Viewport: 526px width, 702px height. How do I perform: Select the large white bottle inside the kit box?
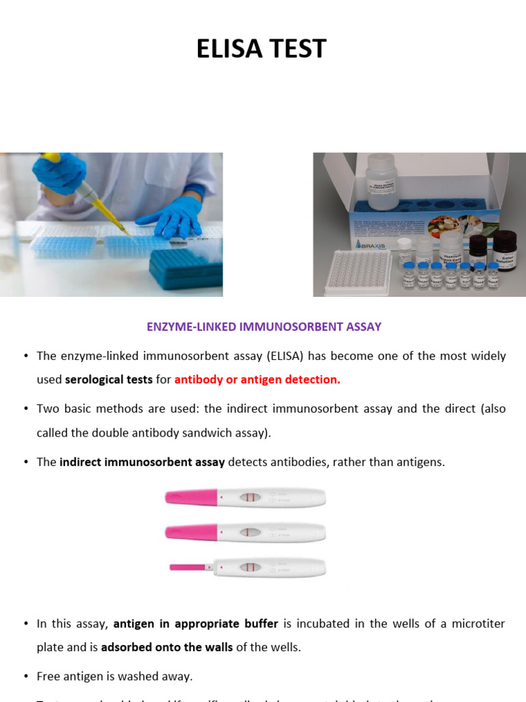[381, 181]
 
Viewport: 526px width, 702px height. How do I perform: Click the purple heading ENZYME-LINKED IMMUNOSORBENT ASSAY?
[264, 327]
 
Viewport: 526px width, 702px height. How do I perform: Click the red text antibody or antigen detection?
[257, 379]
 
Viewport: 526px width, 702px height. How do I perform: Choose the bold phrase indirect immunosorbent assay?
[142, 462]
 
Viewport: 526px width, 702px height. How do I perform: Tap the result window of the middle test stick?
[250, 532]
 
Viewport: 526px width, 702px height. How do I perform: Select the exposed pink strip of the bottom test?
[188, 567]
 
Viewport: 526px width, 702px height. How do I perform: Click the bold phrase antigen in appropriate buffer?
[195, 623]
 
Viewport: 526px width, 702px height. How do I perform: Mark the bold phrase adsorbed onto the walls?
[166, 647]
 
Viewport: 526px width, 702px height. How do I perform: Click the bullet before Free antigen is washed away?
[26, 676]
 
